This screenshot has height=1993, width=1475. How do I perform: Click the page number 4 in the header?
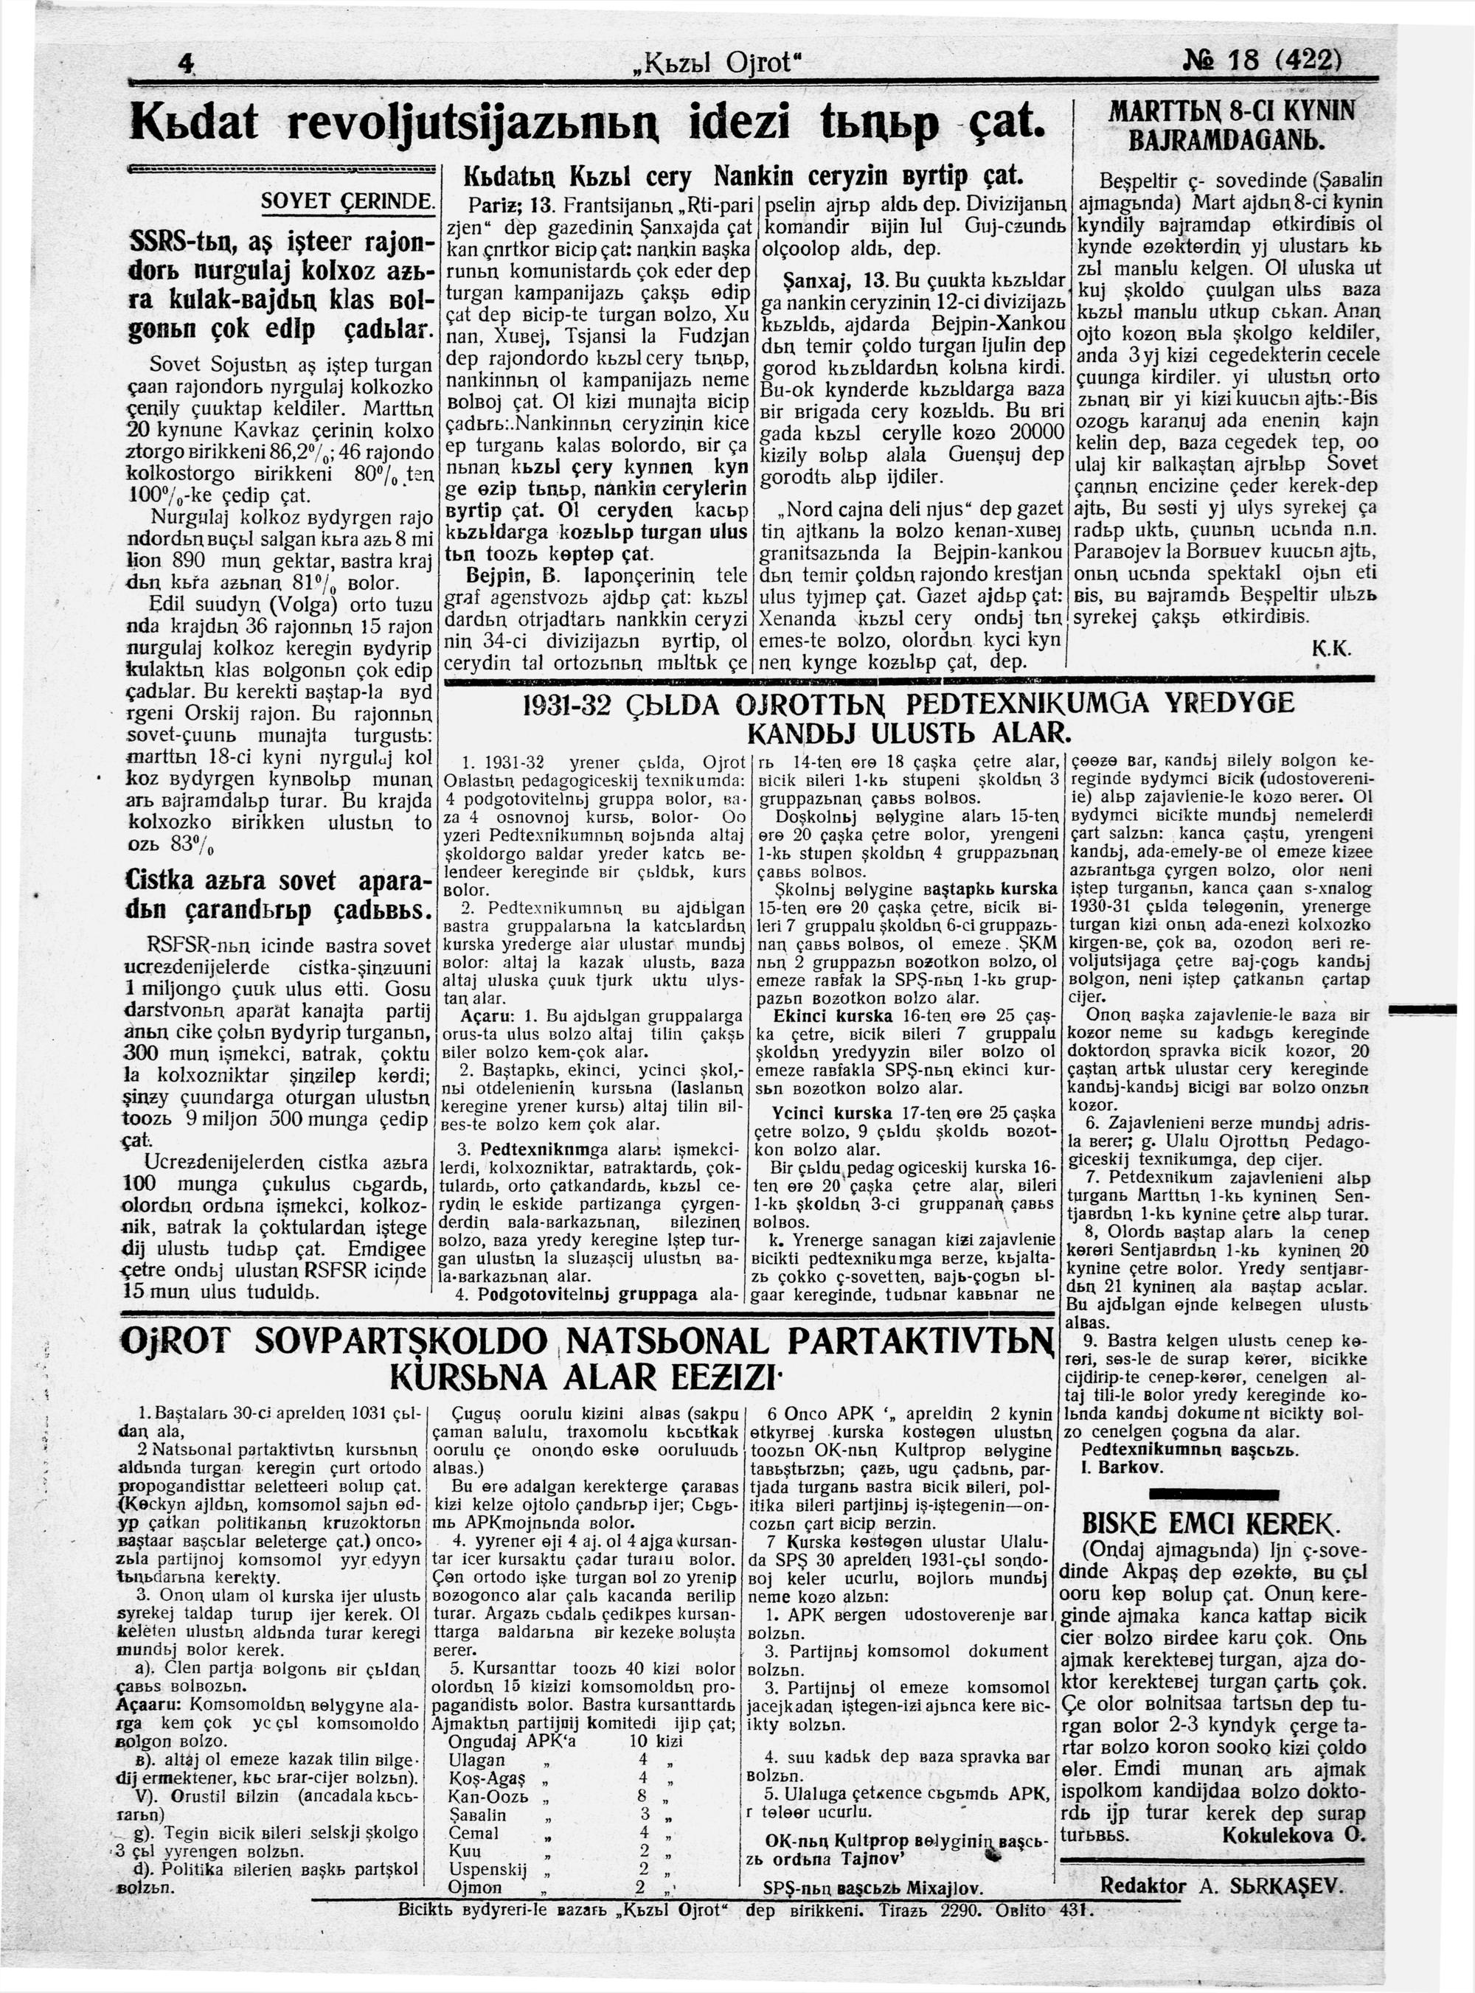(186, 63)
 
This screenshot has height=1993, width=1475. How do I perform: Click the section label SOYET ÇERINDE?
(347, 203)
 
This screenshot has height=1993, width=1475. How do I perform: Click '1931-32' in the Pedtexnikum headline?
(568, 703)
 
